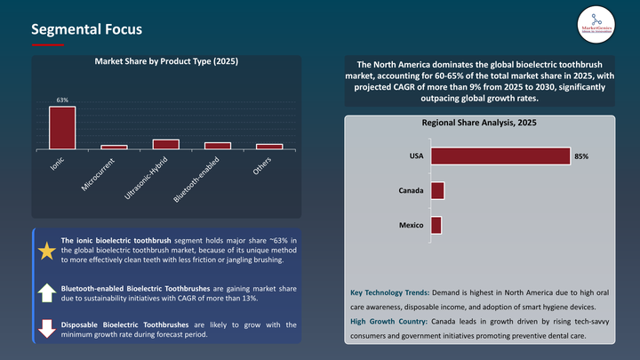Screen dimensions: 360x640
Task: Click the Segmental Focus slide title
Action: click(x=86, y=29)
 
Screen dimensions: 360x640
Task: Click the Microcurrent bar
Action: click(x=114, y=146)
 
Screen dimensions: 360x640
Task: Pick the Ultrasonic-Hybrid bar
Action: click(x=165, y=143)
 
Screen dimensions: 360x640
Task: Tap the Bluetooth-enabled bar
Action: click(x=218, y=145)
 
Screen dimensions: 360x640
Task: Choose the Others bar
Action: click(x=269, y=146)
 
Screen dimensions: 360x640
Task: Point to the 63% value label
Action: click(x=62, y=100)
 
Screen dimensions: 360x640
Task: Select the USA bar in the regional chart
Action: click(x=500, y=156)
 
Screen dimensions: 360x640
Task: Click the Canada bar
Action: click(x=437, y=191)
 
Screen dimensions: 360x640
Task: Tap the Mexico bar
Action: click(x=436, y=225)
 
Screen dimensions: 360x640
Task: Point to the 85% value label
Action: click(x=581, y=156)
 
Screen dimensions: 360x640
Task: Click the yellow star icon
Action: click(x=45, y=251)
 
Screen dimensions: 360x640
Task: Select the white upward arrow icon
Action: click(x=45, y=292)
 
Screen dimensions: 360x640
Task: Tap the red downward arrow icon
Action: click(x=45, y=329)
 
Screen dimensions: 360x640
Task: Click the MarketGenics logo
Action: click(x=589, y=23)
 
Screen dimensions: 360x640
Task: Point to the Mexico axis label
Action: click(x=411, y=225)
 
